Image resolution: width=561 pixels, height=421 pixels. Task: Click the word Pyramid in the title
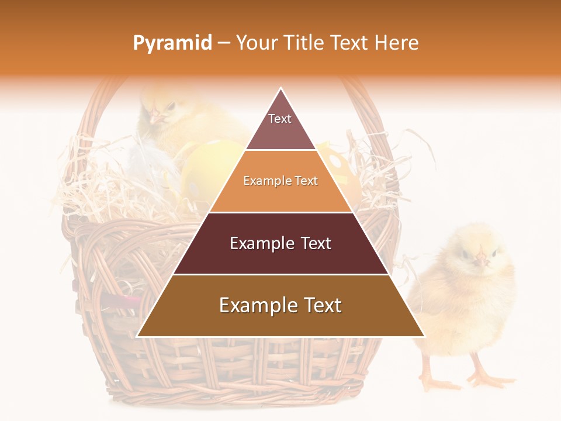tap(172, 43)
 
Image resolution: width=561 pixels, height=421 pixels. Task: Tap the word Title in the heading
tap(306, 43)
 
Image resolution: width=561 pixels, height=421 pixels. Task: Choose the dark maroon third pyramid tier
tap(280, 243)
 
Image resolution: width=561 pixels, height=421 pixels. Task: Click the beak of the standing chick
tap(480, 257)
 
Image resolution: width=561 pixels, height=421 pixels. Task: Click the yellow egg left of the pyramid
tap(207, 170)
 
